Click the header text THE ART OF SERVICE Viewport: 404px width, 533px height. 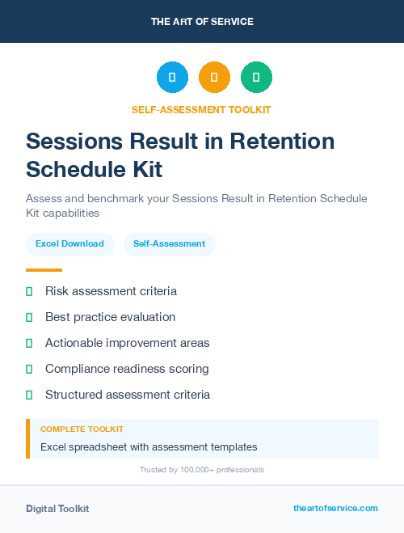pos(202,22)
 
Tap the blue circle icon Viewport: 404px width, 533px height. pos(172,78)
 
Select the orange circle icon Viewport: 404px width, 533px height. pos(214,78)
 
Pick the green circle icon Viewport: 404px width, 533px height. pos(256,78)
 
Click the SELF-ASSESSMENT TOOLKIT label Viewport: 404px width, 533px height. pos(202,109)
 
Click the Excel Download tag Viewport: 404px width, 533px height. pos(69,243)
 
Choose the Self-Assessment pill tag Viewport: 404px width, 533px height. pos(169,243)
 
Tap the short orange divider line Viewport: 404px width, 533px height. pos(44,270)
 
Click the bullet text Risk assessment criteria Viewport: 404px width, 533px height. pos(111,291)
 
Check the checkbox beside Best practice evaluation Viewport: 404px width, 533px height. pos(29,317)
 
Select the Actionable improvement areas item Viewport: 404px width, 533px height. pos(127,343)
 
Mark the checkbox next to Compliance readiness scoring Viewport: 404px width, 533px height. pos(29,369)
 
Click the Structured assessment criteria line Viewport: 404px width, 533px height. pos(127,395)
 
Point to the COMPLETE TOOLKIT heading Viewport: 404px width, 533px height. pos(82,429)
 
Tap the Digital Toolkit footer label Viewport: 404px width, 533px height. pos(57,509)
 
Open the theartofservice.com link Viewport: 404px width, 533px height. pos(335,508)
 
